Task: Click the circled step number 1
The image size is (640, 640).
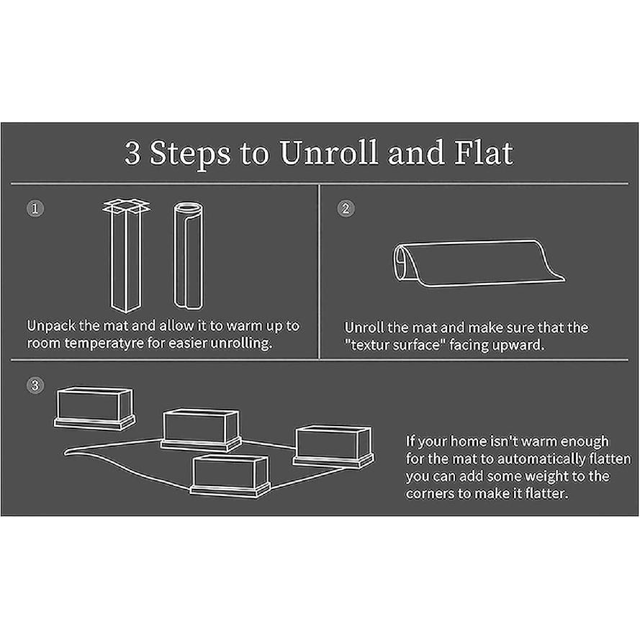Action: [x=35, y=209]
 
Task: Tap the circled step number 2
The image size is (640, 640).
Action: [x=346, y=209]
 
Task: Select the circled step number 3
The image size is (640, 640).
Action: [x=35, y=385]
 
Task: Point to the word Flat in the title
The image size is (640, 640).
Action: [x=484, y=153]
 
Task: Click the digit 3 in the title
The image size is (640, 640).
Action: [x=132, y=153]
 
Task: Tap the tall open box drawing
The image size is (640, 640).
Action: [x=126, y=256]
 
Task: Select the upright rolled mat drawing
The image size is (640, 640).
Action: [x=189, y=256]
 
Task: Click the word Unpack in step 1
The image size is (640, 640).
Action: [x=51, y=326]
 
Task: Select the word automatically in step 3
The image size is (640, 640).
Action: [x=541, y=459]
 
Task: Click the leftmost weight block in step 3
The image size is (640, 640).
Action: [x=95, y=408]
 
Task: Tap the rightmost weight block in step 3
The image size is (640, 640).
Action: [x=333, y=446]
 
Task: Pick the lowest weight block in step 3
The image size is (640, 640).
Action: [x=230, y=477]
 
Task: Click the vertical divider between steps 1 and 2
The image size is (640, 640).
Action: [x=319, y=272]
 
